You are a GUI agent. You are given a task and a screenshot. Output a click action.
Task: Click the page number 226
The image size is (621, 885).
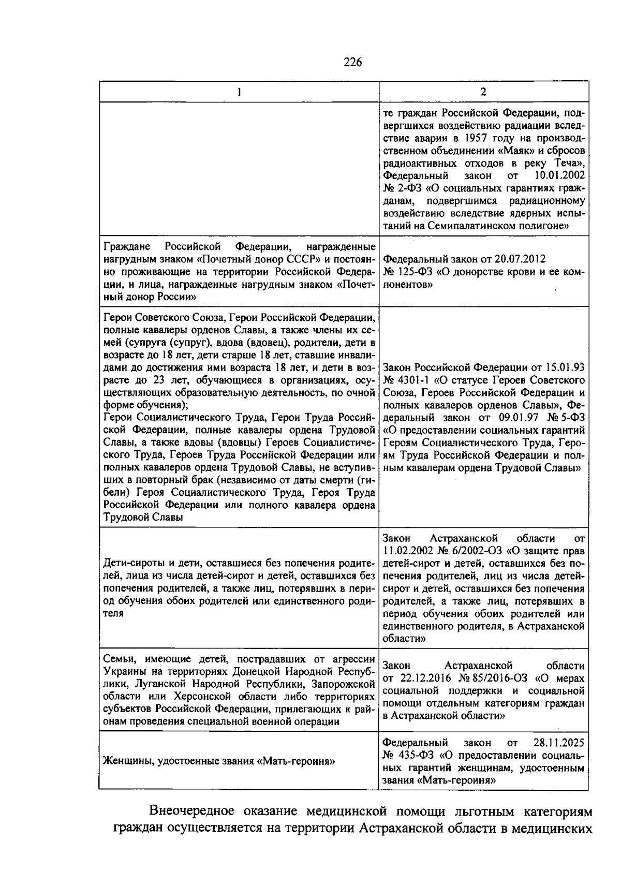point(353,63)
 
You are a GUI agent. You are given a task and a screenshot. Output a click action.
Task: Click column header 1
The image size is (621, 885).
point(239,92)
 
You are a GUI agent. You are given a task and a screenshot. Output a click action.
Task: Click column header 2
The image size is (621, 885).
point(483,92)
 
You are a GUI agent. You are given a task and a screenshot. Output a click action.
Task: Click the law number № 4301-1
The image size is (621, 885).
point(408,380)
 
